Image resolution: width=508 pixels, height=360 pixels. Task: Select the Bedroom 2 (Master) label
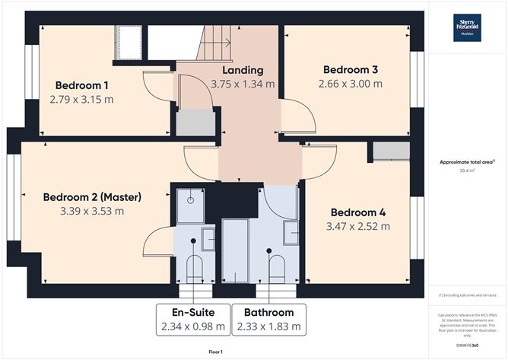92,196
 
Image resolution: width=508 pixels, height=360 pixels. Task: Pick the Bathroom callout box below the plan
268,320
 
